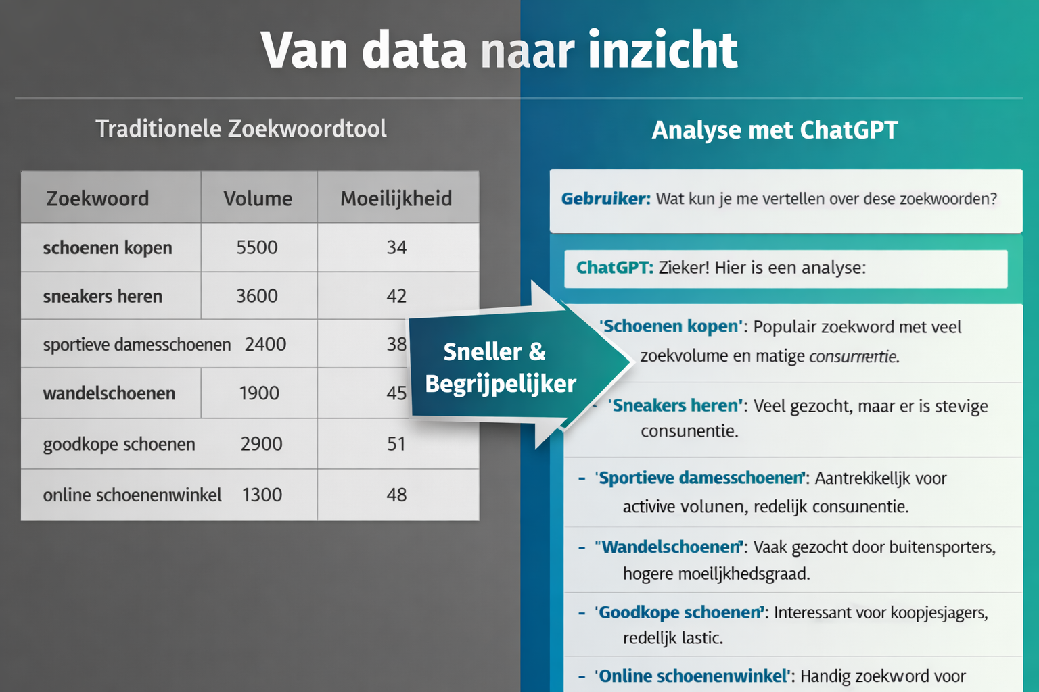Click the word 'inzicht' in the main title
[x=662, y=50]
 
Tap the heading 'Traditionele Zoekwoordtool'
[x=241, y=128]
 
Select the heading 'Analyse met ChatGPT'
[x=775, y=130]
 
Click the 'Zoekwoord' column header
[x=97, y=199]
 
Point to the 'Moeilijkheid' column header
[x=396, y=199]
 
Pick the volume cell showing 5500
[x=257, y=247]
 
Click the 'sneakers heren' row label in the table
[x=103, y=296]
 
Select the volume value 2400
[x=265, y=345]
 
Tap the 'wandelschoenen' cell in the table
[x=109, y=393]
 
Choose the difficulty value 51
[x=396, y=444]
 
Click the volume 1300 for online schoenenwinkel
[x=262, y=495]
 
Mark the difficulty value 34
[x=396, y=247]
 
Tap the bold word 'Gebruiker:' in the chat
[x=605, y=199]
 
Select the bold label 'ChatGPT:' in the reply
[x=614, y=268]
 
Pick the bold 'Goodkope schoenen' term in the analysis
[x=679, y=612]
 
